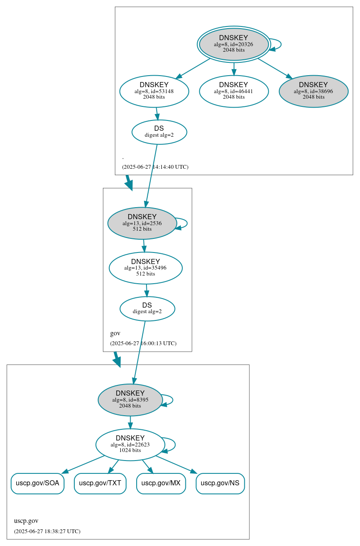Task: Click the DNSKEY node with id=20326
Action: (x=234, y=44)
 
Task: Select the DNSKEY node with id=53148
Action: (x=154, y=91)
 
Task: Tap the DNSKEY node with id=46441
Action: (x=234, y=91)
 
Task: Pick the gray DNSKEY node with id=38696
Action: (x=313, y=91)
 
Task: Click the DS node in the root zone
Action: (x=159, y=132)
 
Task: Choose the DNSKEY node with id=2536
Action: (x=142, y=223)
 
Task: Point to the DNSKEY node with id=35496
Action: (x=145, y=268)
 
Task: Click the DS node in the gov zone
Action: (x=147, y=308)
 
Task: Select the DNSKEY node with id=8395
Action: (x=130, y=400)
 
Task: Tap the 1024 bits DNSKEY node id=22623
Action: (x=130, y=445)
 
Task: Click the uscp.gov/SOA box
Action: (x=37, y=483)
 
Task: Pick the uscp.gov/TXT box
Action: (x=100, y=483)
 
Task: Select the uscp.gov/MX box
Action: (x=161, y=483)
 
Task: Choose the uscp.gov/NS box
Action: (x=220, y=483)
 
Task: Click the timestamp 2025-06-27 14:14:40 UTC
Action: (x=155, y=167)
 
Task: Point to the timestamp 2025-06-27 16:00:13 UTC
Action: (x=143, y=343)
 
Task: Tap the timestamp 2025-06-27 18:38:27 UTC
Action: (x=47, y=531)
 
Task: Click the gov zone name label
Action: (x=115, y=333)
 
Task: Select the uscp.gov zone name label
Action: (x=26, y=521)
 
